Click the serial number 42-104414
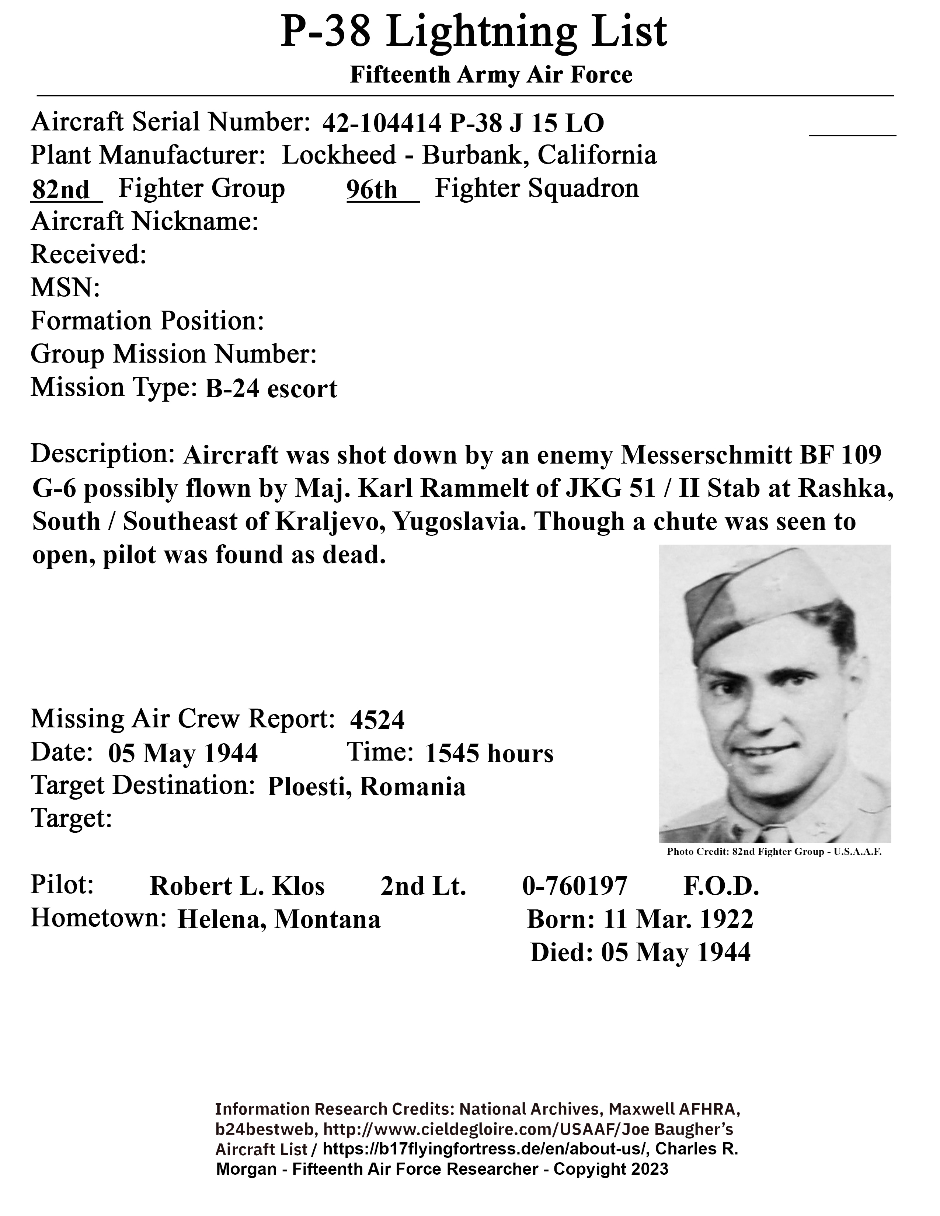pos(382,123)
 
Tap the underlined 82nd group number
pos(61,190)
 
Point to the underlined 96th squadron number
pos(372,190)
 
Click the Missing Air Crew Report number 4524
pos(377,720)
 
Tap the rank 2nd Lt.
pos(423,886)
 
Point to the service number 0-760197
pos(575,886)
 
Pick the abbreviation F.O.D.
pos(721,886)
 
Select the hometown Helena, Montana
pos(278,919)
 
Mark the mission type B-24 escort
pos(271,389)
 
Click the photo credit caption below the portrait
pos(774,852)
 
